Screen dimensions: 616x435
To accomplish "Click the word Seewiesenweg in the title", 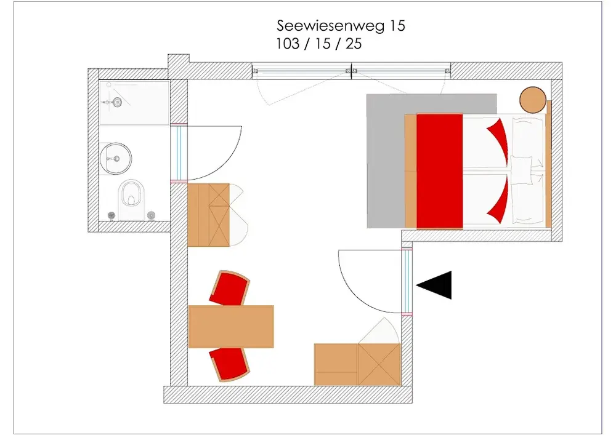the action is (x=331, y=26).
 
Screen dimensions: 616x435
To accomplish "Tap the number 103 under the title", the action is (x=288, y=44).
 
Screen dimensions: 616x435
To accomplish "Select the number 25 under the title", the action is (x=354, y=44).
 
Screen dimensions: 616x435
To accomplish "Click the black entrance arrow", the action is (x=434, y=285).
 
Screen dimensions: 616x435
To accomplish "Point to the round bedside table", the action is (x=533, y=100).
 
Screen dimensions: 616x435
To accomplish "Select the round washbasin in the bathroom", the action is (x=116, y=159).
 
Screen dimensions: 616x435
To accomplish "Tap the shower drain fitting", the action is (x=116, y=102).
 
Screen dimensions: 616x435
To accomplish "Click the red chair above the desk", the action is (x=230, y=289).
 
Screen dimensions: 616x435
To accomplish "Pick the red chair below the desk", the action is (x=230, y=364).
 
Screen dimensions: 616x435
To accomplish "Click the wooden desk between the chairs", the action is (x=231, y=326).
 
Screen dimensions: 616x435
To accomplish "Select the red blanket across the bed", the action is (x=440, y=171).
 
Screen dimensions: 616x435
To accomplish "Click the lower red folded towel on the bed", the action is (x=499, y=200).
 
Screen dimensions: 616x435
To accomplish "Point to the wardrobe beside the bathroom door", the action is (x=209, y=215).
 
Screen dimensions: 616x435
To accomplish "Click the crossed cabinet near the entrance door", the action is (x=379, y=364).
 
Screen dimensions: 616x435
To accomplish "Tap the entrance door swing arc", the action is (x=350, y=290).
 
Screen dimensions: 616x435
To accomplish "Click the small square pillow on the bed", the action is (x=522, y=170).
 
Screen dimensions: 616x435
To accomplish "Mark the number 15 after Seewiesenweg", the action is (x=397, y=26).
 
